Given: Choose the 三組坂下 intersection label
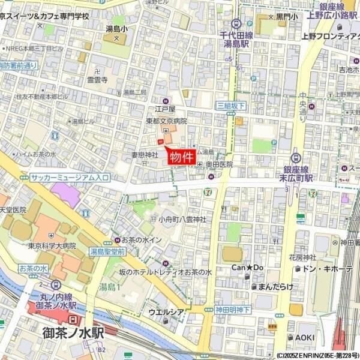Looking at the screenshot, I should point(230,106).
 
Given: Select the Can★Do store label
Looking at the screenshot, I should point(248,267).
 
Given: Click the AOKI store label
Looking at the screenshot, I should point(305,338).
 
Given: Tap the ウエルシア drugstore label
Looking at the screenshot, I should point(166,312).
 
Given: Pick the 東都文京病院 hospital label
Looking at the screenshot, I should point(167,121).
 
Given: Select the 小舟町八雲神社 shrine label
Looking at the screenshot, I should point(182,220).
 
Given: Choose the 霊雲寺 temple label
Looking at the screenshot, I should point(97,79).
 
